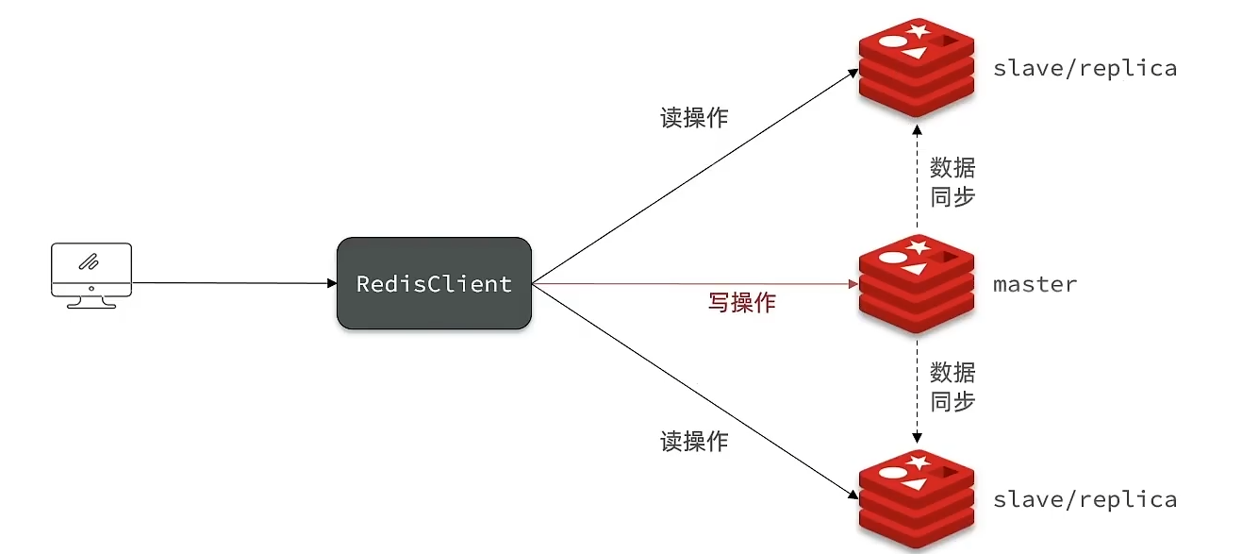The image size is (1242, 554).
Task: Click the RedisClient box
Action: [434, 283]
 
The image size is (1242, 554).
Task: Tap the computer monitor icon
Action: [91, 276]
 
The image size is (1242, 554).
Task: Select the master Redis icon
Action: [917, 284]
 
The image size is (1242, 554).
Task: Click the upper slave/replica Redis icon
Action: [917, 68]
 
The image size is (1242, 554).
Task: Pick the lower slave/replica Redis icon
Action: [917, 499]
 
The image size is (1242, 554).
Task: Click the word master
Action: [1035, 284]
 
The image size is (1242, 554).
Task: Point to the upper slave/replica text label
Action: [1085, 68]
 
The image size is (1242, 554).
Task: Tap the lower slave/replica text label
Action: [1085, 499]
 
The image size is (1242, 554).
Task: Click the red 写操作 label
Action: [742, 303]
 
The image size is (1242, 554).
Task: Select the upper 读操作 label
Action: [694, 118]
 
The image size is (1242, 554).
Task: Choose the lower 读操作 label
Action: [694, 442]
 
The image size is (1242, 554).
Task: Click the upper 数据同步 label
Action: [952, 182]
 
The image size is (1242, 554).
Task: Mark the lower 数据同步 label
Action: [952, 387]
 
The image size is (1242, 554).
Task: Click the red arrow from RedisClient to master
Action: [695, 284]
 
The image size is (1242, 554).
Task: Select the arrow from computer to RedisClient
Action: [235, 283]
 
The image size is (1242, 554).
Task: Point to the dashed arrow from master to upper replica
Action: [917, 176]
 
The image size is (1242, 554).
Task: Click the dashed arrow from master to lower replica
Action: [917, 392]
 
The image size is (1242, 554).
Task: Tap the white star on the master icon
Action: [918, 246]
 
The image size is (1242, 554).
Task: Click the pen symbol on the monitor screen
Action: [89, 261]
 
